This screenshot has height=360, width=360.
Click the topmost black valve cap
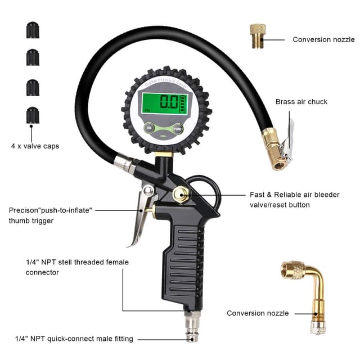click(33, 30)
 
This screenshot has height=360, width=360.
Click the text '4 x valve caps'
click(35, 146)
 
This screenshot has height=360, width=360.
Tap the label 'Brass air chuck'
click(301, 102)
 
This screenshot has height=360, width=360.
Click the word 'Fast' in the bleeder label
click(257, 195)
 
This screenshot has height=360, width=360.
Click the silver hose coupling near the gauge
click(125, 163)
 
